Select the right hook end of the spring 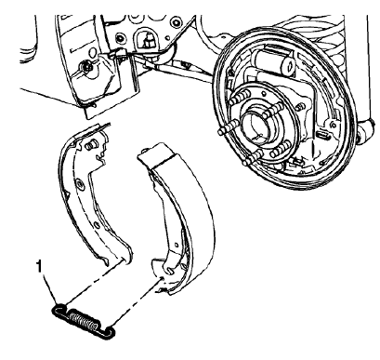click(111, 327)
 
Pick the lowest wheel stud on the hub click(247, 167)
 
